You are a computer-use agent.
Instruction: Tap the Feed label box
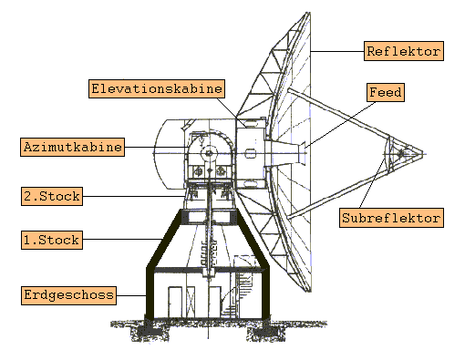[x=385, y=92]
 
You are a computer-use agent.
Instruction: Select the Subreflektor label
[x=391, y=218]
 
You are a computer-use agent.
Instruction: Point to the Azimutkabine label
[x=71, y=146]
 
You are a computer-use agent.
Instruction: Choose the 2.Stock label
[x=51, y=194]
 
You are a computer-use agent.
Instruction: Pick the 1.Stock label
[x=51, y=241]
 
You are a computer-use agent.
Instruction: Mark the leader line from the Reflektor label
[x=337, y=51]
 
